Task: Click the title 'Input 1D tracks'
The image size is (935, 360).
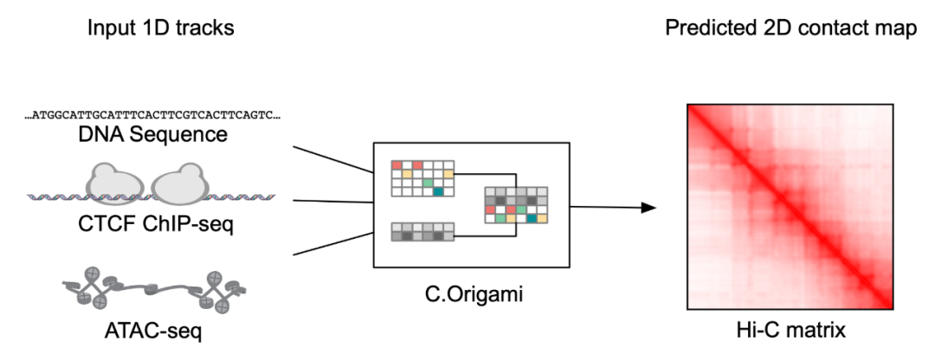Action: (x=161, y=28)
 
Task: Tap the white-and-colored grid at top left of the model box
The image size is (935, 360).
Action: (x=422, y=177)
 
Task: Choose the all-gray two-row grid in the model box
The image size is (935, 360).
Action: (x=422, y=231)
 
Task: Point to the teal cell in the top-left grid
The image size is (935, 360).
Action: (x=439, y=191)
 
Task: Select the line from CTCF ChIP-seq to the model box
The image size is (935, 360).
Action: (x=332, y=202)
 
